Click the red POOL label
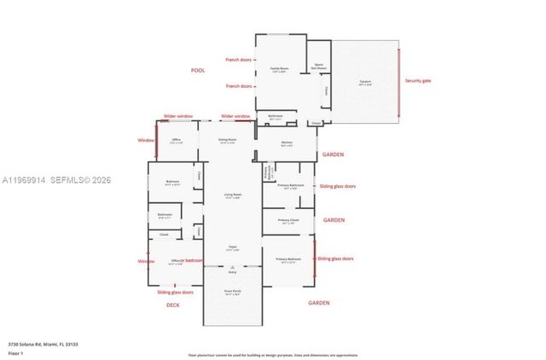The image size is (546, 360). (198, 70)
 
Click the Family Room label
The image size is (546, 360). (279, 69)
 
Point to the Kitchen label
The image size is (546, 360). (288, 142)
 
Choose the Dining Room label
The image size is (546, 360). (227, 139)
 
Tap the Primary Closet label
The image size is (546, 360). (289, 221)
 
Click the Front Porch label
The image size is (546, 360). (232, 292)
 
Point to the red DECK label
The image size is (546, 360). (172, 304)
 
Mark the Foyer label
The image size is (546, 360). (232, 248)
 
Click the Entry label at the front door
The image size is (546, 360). (232, 272)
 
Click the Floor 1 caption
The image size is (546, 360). (16, 351)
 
